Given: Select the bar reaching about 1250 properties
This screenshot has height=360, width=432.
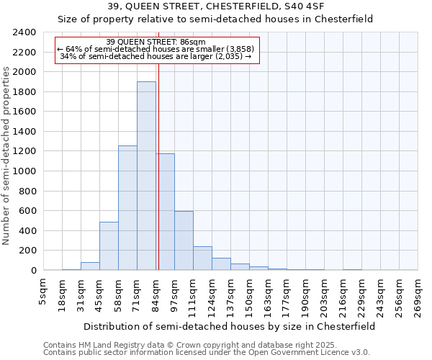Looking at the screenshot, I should pyautogui.click(x=127, y=209).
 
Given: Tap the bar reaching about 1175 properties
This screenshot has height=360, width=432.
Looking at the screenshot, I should pyautogui.click(x=165, y=212).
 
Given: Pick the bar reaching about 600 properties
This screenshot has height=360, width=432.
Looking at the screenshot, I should pyautogui.click(x=184, y=241).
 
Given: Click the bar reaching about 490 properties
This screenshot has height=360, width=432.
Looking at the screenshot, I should pyautogui.click(x=109, y=246).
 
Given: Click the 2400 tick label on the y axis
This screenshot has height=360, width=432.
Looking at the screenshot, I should pyautogui.click(x=24, y=32).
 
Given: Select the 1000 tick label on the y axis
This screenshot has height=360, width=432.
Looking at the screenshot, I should pyautogui.click(x=24, y=171).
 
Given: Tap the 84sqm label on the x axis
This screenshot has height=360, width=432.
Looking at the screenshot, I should pyautogui.click(x=156, y=292).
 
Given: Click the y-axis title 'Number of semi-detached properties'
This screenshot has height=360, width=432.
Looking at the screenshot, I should pyautogui.click(x=7, y=156).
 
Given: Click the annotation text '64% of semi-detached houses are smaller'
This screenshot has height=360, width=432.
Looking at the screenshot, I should pyautogui.click(x=157, y=49).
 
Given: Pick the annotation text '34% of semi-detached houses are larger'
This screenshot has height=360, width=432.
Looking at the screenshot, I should pyautogui.click(x=156, y=55).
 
